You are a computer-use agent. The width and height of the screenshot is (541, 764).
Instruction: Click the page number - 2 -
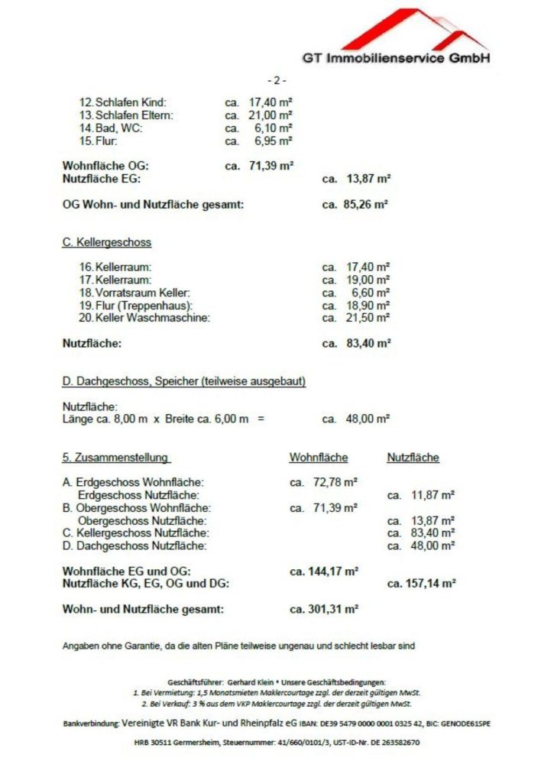pyautogui.click(x=277, y=80)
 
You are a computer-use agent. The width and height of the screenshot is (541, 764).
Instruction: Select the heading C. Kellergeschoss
pyautogui.click(x=106, y=242)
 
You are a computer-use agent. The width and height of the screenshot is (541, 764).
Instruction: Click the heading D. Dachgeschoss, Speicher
pyautogui.click(x=183, y=381)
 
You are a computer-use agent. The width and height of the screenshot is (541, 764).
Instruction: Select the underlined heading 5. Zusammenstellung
pyautogui.click(x=115, y=458)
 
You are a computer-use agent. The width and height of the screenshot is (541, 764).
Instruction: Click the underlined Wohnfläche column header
pyautogui.click(x=318, y=458)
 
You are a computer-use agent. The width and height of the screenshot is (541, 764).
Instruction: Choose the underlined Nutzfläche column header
pyautogui.click(x=413, y=458)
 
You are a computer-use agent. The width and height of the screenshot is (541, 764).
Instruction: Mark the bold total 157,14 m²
pyautogui.click(x=431, y=583)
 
